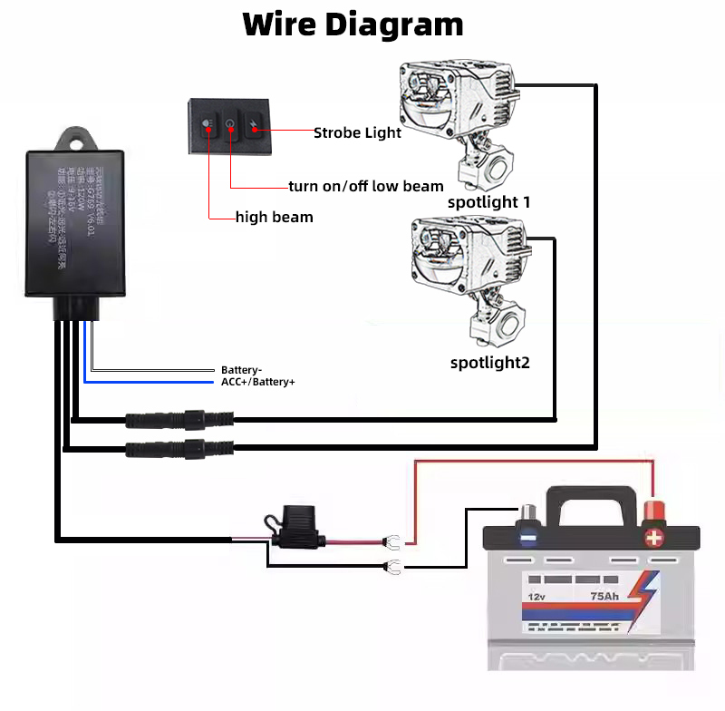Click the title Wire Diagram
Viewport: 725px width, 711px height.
click(x=353, y=24)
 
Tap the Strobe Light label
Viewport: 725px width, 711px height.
click(x=357, y=133)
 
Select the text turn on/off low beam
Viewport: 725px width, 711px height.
click(x=366, y=186)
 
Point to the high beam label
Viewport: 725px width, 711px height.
click(x=274, y=217)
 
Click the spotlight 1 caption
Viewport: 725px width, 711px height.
click(x=488, y=201)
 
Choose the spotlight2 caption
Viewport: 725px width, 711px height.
click(x=489, y=363)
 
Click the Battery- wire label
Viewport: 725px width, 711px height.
click(x=241, y=370)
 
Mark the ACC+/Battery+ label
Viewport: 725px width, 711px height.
click(x=258, y=382)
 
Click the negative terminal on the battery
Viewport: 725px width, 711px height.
click(x=527, y=535)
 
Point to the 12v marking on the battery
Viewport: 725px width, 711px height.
click(x=536, y=597)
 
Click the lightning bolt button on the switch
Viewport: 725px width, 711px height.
click(x=255, y=128)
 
